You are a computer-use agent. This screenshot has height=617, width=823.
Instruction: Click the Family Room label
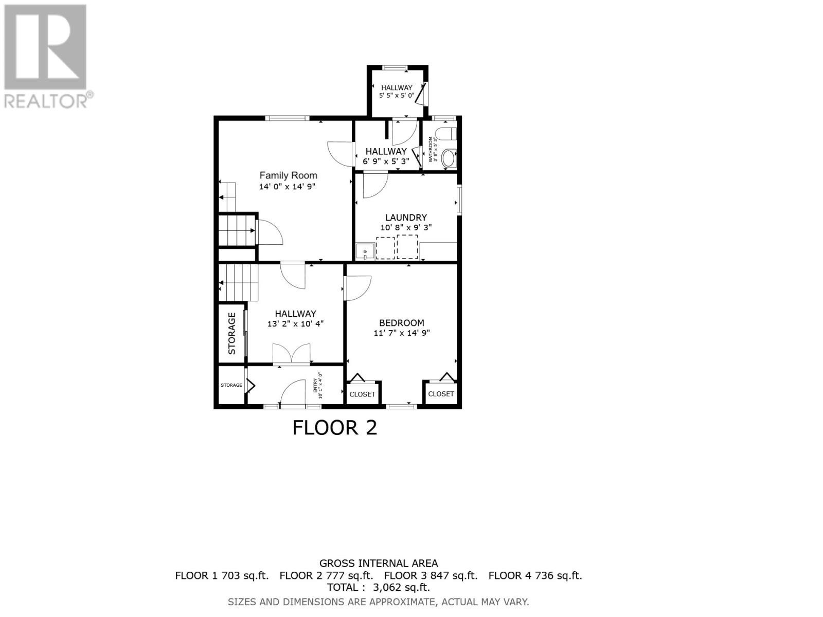288,175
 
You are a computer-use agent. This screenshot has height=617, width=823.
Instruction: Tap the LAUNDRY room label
406,217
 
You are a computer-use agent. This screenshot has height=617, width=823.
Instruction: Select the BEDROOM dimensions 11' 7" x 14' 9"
401,333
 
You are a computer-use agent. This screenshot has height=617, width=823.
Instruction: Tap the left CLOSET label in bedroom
362,394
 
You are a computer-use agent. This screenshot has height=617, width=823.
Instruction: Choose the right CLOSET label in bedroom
441,394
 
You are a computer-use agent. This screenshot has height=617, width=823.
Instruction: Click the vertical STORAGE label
232,333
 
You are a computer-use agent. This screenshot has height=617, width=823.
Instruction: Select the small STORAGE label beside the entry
231,385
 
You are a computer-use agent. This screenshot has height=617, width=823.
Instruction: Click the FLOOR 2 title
335,428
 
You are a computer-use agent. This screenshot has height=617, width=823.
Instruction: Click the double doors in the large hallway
292,354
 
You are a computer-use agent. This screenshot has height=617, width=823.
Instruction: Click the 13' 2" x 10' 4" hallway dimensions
295,324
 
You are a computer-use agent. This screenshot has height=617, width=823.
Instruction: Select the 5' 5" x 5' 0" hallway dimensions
397,95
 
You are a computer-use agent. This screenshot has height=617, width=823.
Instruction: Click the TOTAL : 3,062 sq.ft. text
378,587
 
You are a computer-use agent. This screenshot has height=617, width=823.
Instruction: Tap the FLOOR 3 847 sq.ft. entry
431,575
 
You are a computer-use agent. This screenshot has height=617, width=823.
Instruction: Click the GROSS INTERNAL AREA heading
379,564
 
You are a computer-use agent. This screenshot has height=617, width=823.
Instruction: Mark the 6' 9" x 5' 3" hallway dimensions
386,161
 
